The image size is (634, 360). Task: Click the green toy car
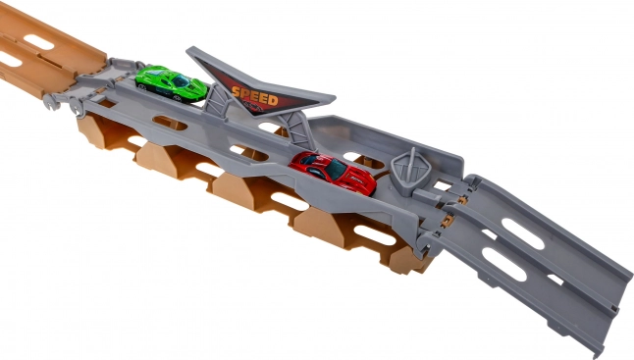coord(171,83)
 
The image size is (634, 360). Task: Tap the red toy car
coord(333,173)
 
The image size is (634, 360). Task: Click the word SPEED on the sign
coord(255,96)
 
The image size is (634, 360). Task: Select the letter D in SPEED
coord(272,100)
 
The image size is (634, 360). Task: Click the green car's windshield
coord(181,80)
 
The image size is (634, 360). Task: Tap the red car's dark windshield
coord(336,170)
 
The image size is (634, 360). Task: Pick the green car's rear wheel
coord(140,86)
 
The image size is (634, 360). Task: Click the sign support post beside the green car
coord(214,99)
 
